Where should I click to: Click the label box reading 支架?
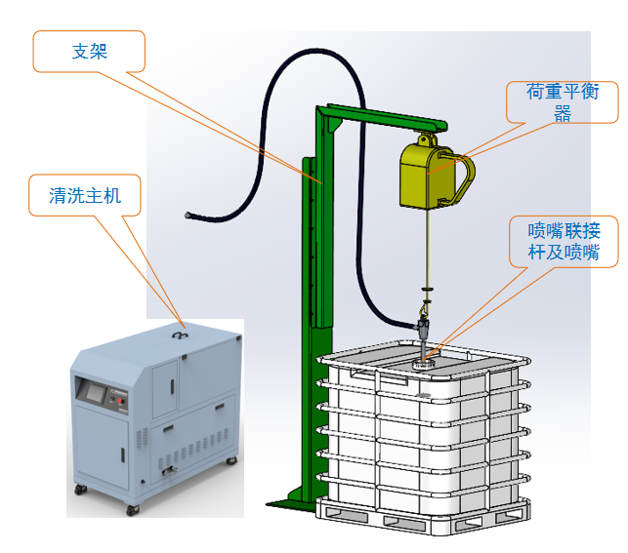point(89,51)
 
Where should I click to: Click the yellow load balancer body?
point(427,177)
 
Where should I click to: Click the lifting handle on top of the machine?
point(179,333)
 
